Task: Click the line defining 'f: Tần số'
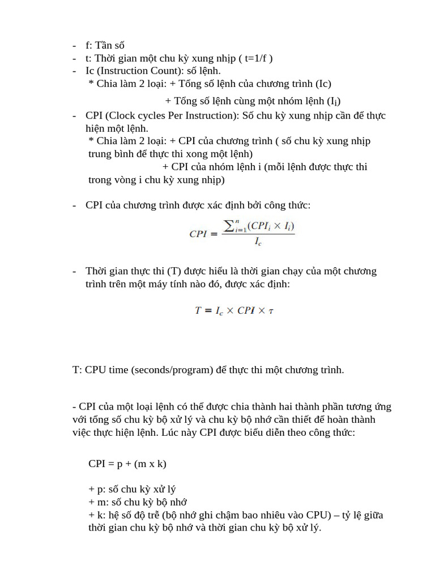(105, 45)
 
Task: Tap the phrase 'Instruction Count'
(139, 70)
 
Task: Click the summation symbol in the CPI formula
(229, 226)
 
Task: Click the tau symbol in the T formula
(271, 311)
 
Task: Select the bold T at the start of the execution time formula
(198, 310)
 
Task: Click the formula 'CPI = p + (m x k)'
(127, 464)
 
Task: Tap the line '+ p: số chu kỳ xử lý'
(136, 489)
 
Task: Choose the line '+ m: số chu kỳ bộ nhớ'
(138, 502)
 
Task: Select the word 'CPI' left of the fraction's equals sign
(198, 233)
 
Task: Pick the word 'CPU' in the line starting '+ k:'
(319, 515)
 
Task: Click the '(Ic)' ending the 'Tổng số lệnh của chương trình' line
(323, 83)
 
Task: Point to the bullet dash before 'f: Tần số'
(75, 45)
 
